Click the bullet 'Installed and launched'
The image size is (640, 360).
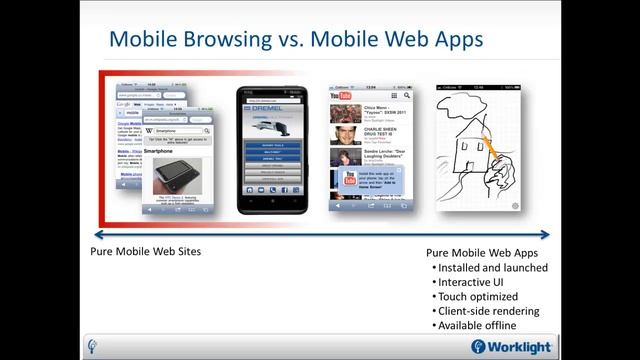[493, 268]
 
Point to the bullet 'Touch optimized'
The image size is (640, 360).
[479, 297]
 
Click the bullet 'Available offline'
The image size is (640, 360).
[480, 326]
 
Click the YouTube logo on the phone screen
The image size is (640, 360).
[343, 104]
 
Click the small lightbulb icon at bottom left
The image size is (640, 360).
[93, 346]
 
